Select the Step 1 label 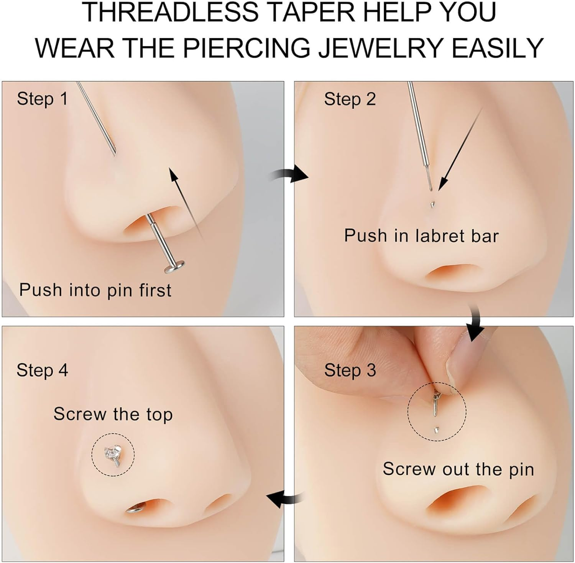tap(42, 99)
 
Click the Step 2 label tap(350, 99)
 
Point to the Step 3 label tap(350, 370)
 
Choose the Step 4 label tap(42, 370)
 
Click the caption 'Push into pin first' tap(95, 290)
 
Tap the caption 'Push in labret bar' tap(421, 235)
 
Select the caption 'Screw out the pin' tap(458, 469)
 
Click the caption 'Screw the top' tap(113, 414)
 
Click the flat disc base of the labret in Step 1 tap(174, 266)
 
